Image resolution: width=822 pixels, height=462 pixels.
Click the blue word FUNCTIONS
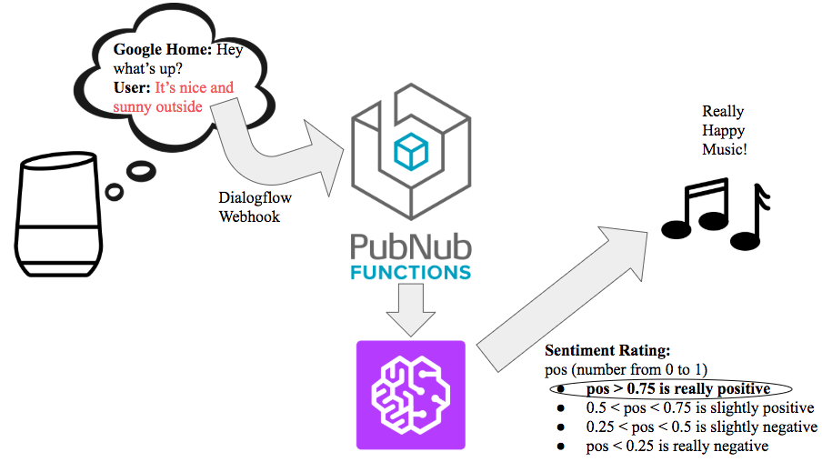[410, 272]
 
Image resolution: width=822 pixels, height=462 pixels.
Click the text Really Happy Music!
[724, 129]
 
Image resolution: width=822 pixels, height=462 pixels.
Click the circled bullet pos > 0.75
[673, 389]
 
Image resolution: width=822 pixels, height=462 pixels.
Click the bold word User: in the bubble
[131, 88]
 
